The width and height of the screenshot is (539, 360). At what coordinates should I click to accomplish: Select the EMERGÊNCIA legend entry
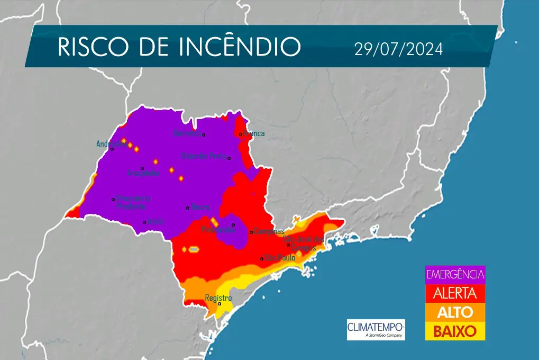(455, 274)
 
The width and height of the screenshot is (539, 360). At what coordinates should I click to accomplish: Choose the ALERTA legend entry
(455, 292)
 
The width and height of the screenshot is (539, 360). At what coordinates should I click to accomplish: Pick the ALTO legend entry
(455, 312)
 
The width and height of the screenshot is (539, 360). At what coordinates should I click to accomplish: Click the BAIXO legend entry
(455, 331)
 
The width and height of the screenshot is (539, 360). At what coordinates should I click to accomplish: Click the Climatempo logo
(376, 329)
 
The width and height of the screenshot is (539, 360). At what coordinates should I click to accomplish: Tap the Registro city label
(218, 298)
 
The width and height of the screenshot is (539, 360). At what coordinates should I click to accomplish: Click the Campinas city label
(269, 231)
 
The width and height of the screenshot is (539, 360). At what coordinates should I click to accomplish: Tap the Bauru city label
(200, 207)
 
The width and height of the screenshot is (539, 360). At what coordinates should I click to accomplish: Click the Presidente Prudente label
(133, 202)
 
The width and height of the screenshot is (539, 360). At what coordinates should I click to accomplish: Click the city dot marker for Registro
(220, 304)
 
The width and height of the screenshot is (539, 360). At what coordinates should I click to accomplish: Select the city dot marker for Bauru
(188, 208)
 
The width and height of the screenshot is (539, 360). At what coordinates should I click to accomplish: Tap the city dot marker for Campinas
(251, 232)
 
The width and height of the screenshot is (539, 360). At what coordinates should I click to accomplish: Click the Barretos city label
(187, 133)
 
